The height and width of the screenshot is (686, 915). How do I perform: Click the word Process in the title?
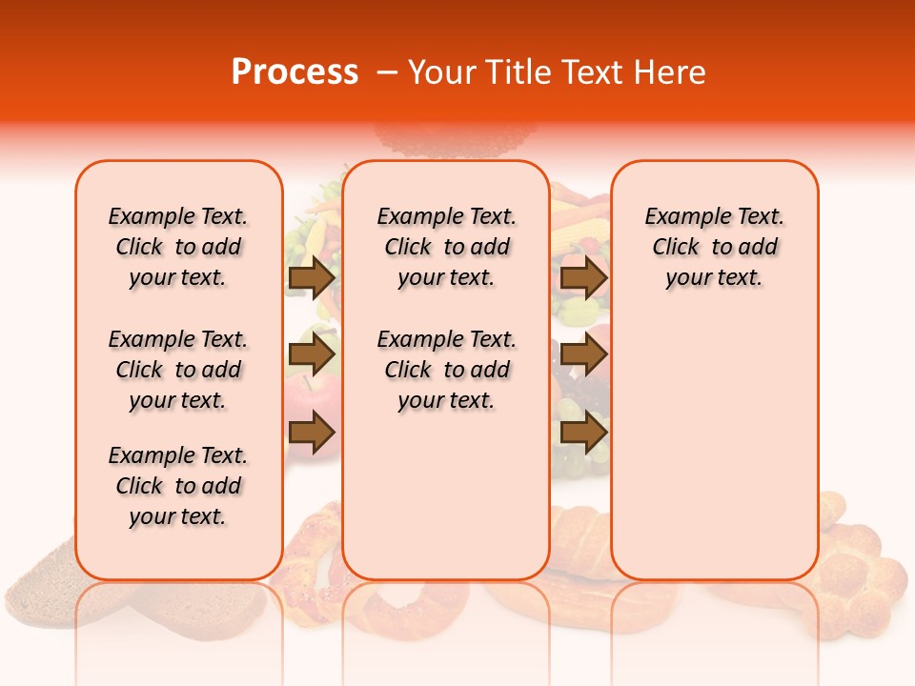(295, 72)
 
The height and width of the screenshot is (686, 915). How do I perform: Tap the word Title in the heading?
(519, 72)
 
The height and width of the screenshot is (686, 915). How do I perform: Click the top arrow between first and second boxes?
(312, 277)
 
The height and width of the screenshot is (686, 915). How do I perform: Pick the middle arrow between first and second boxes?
(312, 355)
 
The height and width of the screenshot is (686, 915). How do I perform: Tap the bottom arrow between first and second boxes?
(312, 433)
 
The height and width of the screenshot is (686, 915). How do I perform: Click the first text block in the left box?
(178, 247)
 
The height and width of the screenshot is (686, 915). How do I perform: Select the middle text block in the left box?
(178, 370)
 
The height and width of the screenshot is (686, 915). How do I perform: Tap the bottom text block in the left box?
(178, 486)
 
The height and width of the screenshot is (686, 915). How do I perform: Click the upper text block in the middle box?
(447, 247)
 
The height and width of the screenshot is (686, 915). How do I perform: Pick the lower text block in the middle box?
(447, 370)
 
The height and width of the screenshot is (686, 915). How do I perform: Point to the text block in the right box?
(715, 247)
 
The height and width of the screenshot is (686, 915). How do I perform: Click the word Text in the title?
(594, 72)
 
